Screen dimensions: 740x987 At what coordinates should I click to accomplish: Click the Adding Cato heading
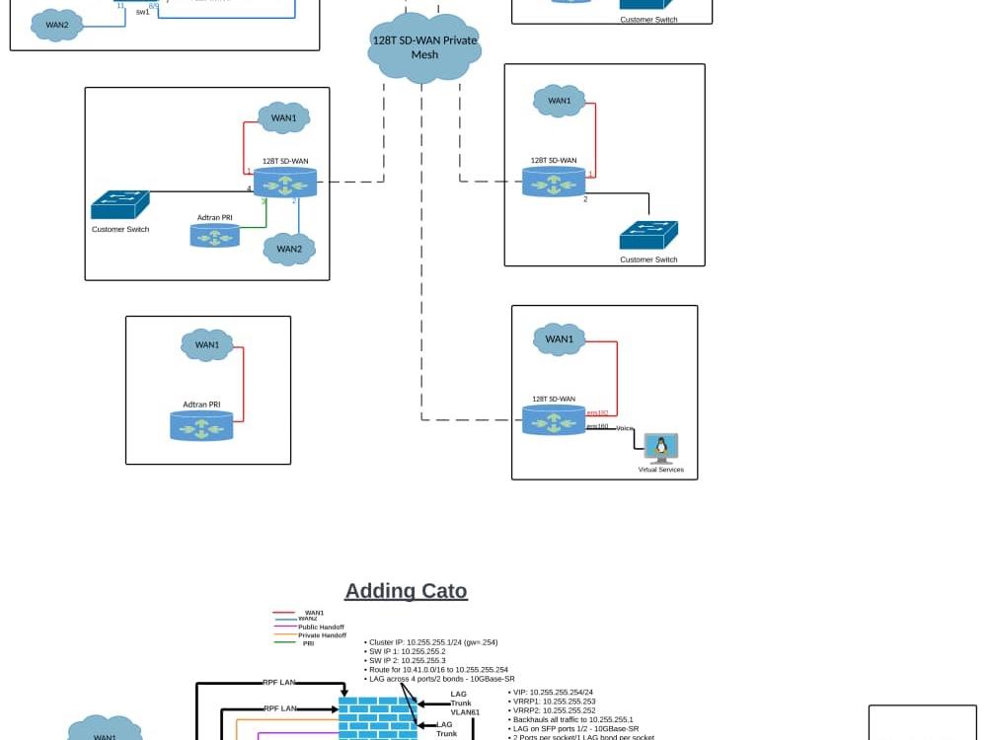tap(406, 591)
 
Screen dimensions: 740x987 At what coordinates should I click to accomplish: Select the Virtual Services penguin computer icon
tap(660, 449)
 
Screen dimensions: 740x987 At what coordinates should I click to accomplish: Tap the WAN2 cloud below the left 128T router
tap(289, 249)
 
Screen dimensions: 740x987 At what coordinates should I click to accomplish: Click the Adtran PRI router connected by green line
tap(215, 235)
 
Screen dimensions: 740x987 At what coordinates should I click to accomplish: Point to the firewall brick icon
tap(377, 717)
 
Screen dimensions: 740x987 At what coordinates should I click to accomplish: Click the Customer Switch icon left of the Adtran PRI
tap(120, 205)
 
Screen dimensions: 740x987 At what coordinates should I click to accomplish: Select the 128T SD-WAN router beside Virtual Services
tap(554, 420)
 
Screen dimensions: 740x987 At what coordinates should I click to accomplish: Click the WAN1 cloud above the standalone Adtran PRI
tap(207, 344)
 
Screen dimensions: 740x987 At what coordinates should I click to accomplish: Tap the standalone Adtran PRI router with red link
tap(201, 425)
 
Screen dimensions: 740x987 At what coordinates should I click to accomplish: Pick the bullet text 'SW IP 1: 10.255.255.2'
tap(407, 651)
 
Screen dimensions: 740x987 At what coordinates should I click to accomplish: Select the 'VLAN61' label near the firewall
tap(465, 712)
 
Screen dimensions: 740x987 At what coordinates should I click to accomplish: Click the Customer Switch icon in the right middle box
tap(648, 236)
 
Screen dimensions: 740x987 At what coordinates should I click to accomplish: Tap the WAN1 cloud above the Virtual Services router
tap(559, 339)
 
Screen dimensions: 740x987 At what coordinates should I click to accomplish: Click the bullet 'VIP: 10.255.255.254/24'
tap(553, 693)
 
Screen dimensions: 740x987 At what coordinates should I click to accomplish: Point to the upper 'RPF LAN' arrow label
tap(279, 682)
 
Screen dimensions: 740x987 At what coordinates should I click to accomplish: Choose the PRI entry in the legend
tap(308, 643)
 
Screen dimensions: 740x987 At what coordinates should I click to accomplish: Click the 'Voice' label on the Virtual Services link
tap(625, 428)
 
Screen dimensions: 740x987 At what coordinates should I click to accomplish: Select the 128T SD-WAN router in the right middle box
tap(554, 182)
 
